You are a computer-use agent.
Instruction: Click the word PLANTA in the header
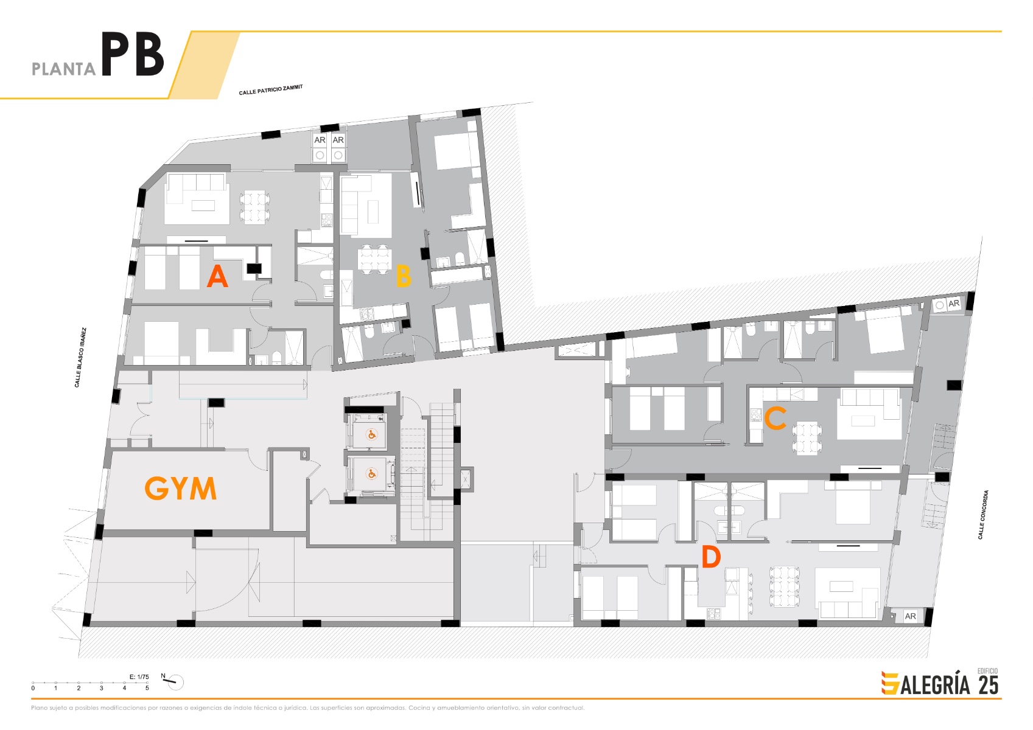point(63,69)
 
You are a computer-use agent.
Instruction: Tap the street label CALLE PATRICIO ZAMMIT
point(271,90)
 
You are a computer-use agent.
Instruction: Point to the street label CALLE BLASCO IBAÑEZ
point(80,358)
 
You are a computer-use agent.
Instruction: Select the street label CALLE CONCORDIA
point(982,515)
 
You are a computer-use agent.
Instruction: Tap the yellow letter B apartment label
point(403,276)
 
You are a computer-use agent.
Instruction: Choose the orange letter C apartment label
point(776,419)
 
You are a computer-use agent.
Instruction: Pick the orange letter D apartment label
point(710,557)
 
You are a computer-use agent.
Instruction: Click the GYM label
point(180,488)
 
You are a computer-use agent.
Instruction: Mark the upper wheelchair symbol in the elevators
point(371,434)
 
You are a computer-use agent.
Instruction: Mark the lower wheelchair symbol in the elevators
point(371,474)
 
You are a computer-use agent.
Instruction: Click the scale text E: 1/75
point(139,676)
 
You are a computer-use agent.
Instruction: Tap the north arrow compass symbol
point(175,682)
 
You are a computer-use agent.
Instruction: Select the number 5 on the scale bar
point(147,689)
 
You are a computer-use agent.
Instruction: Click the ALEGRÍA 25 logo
point(940,683)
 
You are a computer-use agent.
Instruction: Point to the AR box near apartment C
point(953,303)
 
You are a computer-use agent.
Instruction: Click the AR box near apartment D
point(910,616)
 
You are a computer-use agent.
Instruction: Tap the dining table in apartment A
point(255,207)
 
